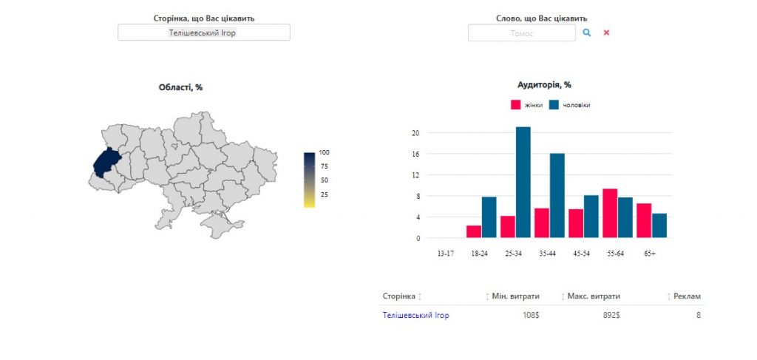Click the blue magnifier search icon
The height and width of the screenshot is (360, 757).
click(586, 33)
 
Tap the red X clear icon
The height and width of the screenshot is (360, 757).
click(606, 33)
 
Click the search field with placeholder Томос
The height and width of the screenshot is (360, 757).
click(522, 33)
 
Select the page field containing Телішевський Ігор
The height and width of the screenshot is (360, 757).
click(204, 33)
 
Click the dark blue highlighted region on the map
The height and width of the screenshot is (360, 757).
click(106, 163)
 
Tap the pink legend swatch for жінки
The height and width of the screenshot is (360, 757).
click(515, 105)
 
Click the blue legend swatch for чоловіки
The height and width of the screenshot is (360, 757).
click(554, 105)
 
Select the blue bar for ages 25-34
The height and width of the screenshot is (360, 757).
click(523, 183)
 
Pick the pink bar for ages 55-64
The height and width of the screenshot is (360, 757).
click(610, 214)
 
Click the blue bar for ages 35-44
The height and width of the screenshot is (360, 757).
click(557, 195)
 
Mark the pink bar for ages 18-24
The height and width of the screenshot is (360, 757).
click(474, 231)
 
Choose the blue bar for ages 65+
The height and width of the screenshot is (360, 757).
click(659, 226)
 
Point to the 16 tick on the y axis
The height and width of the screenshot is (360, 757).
click(415, 154)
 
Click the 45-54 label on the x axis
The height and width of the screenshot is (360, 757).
click(581, 254)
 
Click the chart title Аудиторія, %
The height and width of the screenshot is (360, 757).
click(544, 85)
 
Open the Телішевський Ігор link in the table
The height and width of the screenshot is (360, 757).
click(415, 315)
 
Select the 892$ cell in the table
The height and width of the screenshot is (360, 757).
click(611, 315)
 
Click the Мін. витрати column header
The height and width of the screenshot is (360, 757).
click(515, 296)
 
